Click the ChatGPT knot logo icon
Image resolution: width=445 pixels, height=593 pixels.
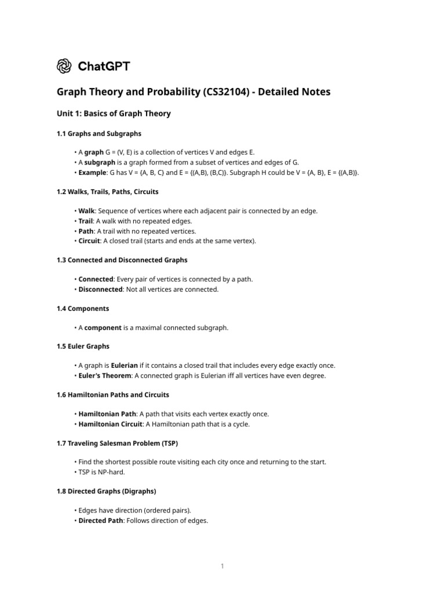pyautogui.click(x=64, y=66)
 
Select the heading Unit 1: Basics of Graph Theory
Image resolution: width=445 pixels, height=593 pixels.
pyautogui.click(x=114, y=114)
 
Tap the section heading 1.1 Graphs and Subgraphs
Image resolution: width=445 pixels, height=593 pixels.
pyautogui.click(x=99, y=133)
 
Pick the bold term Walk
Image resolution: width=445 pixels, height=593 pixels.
pyautogui.click(x=86, y=210)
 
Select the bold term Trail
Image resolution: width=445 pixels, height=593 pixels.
pyautogui.click(x=86, y=221)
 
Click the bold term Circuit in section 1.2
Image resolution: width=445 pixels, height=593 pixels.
pyautogui.click(x=89, y=241)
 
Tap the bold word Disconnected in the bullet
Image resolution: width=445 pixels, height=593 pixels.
pyautogui.click(x=100, y=290)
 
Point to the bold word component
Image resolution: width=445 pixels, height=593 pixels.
pyautogui.click(x=103, y=328)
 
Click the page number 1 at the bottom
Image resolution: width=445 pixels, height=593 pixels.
pyautogui.click(x=222, y=566)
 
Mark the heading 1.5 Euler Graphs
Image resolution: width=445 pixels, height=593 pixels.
pyautogui.click(x=83, y=346)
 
